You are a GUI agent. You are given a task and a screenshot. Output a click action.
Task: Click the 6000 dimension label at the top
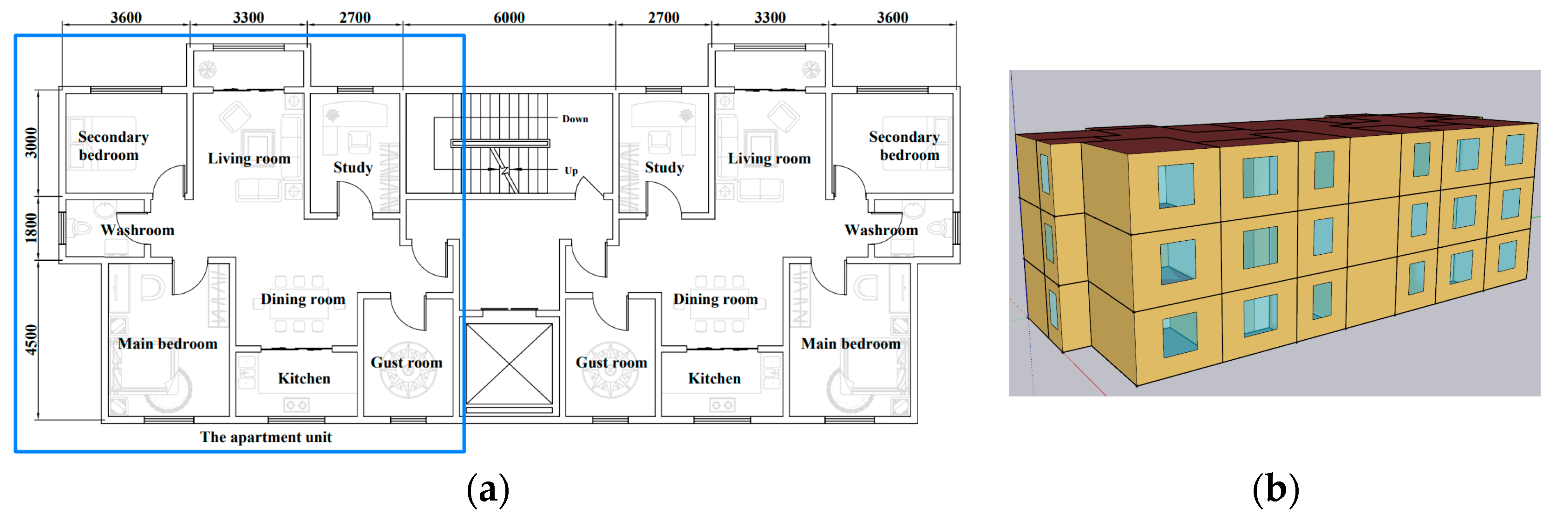pos(509,18)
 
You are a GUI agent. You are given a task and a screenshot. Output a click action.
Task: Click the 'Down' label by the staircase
pos(575,119)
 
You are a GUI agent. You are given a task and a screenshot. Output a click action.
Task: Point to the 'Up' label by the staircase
pos(571,171)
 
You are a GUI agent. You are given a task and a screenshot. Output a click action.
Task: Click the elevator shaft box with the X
pos(509,364)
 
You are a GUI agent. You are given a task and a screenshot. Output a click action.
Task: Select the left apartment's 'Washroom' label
pos(138,230)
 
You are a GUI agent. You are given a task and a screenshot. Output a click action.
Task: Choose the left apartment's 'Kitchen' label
pos(304,378)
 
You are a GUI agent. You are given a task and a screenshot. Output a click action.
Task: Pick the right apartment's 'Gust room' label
pos(611,363)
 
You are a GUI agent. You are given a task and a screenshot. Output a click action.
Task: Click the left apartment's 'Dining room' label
pos(303,299)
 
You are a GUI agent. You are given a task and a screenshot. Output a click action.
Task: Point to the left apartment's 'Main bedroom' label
pos(167,344)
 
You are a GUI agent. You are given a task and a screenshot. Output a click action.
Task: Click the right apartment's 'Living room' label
pos(768,158)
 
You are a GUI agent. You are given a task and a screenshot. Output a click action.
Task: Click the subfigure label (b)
pos(1275,489)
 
